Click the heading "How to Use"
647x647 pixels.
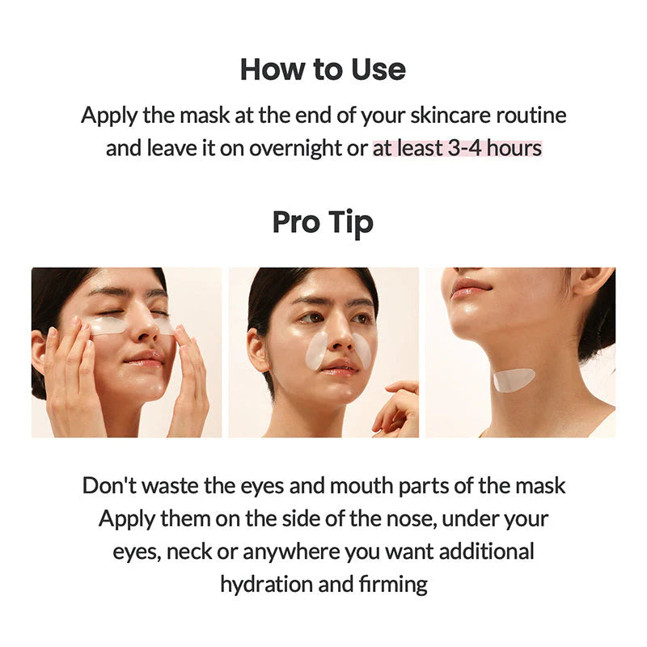click(x=323, y=70)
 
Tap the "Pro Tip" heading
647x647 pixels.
click(x=323, y=222)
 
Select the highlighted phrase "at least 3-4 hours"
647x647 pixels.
click(x=457, y=149)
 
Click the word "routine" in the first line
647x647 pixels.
click(x=533, y=115)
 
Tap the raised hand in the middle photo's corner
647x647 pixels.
click(x=399, y=408)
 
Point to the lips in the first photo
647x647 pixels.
click(x=146, y=358)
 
